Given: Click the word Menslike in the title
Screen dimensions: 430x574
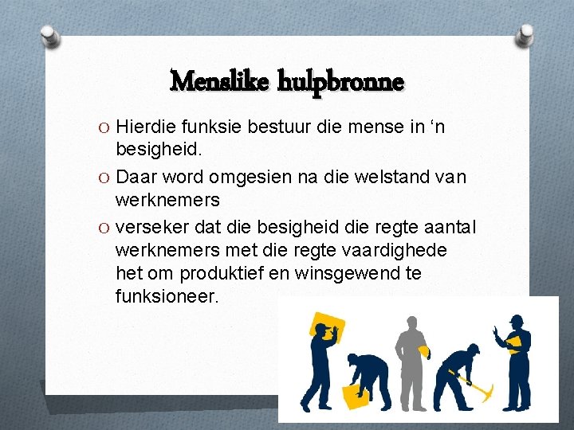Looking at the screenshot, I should click(x=220, y=81).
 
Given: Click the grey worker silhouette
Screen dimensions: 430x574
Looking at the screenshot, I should click(x=409, y=350).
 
